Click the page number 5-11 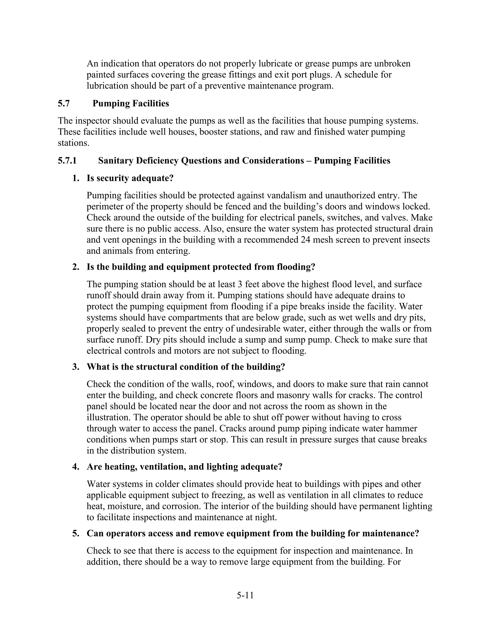pos(245,595)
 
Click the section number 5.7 pos(64,103)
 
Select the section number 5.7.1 pos(67,161)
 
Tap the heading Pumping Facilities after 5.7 pos(131,103)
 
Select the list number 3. pos(76,367)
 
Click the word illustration pos(109,417)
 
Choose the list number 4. pos(76,467)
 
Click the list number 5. pos(76,533)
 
